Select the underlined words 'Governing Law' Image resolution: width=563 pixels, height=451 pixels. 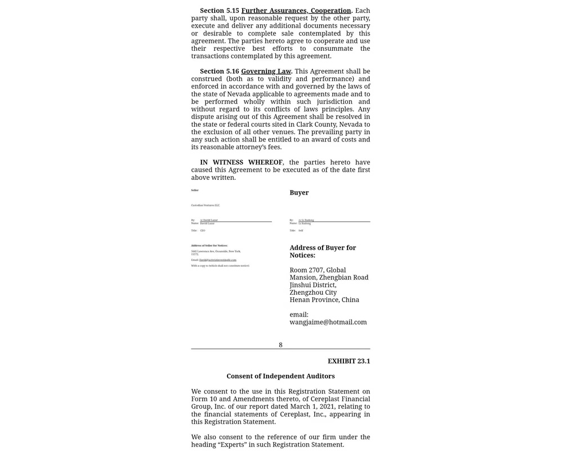pos(266,71)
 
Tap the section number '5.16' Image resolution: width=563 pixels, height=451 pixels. pos(233,71)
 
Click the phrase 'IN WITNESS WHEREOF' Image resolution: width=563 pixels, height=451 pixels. pos(241,162)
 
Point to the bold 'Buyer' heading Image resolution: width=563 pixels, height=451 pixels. pos(299,193)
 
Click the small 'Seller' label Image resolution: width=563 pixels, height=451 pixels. pos(195,191)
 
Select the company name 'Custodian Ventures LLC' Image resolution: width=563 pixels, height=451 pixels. pos(205,205)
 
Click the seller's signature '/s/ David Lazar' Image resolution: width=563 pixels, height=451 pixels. pos(209,220)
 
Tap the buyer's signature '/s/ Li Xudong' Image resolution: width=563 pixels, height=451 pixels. pos(306,220)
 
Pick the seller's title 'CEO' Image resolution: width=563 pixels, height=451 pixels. pos(203,231)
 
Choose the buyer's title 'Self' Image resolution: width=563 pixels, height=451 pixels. pos(301,231)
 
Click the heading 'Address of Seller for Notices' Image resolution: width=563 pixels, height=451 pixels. pos(209,246)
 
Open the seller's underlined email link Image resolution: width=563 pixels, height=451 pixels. pos(218,260)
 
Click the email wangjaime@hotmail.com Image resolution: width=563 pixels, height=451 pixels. pos(328,322)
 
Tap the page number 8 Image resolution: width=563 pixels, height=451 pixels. pos(280,345)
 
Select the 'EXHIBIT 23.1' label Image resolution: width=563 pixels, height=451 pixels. pos(348,361)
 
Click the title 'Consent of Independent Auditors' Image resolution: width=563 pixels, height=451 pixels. pos(280,376)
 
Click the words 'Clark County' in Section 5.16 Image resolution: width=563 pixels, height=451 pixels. pos(318,125)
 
